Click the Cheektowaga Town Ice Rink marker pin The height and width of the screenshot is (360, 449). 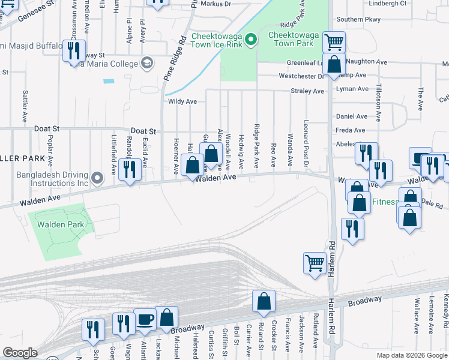[x=252, y=41]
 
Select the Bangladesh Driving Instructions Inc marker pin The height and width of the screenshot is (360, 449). [x=99, y=178]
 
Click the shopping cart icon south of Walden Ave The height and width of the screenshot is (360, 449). [x=315, y=263]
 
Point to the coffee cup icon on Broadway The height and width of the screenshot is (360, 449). [x=145, y=319]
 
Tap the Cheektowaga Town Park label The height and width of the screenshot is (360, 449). [x=291, y=40]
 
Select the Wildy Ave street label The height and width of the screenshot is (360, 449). [x=182, y=102]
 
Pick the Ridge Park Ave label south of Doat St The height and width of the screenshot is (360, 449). [x=257, y=146]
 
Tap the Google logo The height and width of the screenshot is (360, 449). [x=20, y=353]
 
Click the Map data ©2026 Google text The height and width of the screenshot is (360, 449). [x=411, y=355]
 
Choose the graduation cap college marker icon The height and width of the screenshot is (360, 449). [x=147, y=62]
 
